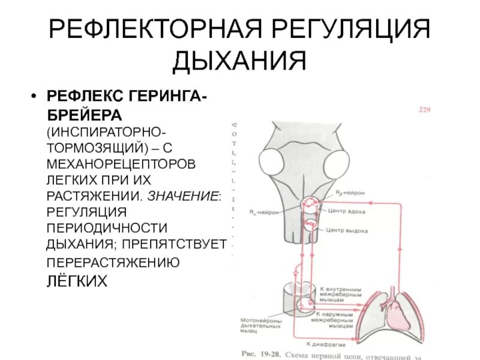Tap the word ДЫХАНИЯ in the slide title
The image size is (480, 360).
point(239,62)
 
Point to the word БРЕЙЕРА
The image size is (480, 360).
point(84,113)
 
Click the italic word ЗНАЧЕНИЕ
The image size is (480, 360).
point(183,196)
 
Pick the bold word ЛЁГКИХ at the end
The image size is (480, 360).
point(77,280)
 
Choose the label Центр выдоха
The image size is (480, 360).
point(347,231)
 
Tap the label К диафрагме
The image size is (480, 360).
point(323,344)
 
